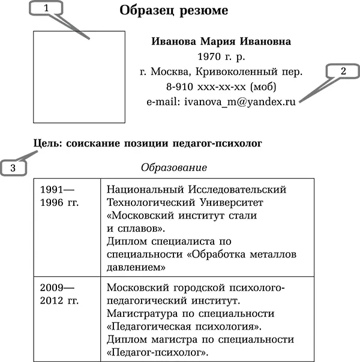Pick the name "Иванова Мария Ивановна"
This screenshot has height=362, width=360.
tap(221, 42)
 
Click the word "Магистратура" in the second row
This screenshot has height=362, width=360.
tap(142, 314)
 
